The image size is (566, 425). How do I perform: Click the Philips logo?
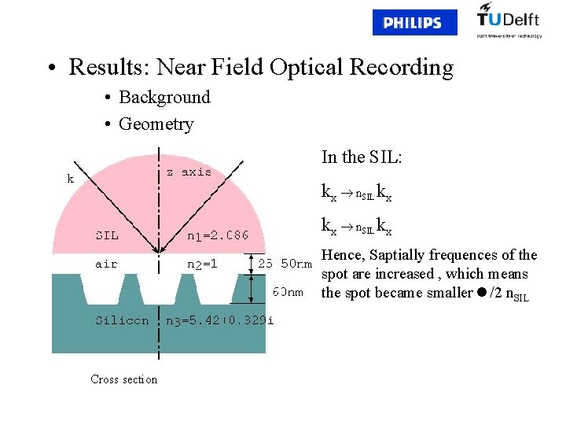pos(413,23)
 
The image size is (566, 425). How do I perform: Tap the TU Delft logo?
pos(509,20)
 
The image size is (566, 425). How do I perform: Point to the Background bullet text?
pos(164,98)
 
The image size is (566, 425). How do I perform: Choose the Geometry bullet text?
pos(156,124)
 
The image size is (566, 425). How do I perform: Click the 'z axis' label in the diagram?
pos(188,172)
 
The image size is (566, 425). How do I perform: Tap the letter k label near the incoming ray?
pos(70,179)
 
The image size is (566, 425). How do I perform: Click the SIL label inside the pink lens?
pos(107,235)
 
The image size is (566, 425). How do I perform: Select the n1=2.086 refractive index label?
pos(218,235)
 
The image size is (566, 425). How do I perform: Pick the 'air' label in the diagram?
pos(106,264)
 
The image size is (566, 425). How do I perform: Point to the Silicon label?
pos(122,320)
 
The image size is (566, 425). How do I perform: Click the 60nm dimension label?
pos(288,292)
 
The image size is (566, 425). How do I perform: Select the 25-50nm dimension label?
pos(285,264)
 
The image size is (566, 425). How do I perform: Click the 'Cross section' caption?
pos(123,379)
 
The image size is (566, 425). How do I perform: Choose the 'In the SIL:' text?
pos(362,157)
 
